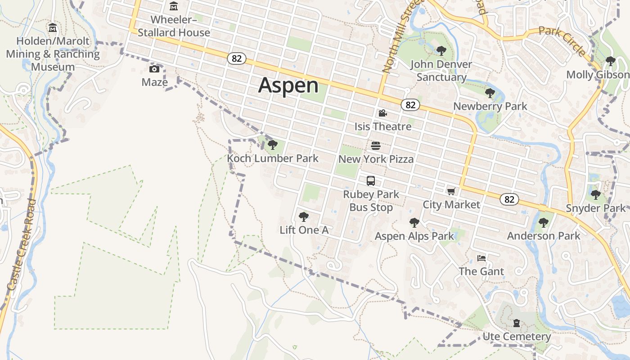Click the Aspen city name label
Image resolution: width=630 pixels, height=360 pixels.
[288, 85]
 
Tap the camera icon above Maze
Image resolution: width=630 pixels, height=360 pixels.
[154, 69]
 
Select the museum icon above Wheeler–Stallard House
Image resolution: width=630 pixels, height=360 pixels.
[174, 6]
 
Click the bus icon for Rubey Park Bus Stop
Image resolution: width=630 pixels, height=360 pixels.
[371, 181]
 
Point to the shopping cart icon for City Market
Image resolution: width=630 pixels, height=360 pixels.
[451, 191]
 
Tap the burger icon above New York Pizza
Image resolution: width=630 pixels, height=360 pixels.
[376, 146]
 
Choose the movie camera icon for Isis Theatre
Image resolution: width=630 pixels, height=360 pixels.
[382, 113]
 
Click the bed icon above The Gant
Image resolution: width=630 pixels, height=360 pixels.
[481, 258]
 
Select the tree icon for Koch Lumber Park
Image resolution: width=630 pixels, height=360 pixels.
[272, 145]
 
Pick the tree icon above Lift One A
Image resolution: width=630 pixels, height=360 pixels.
[304, 217]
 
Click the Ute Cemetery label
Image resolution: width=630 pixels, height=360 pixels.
[517, 337]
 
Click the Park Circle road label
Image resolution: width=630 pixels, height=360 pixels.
[562, 40]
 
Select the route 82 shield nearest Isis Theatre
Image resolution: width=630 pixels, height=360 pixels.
[410, 105]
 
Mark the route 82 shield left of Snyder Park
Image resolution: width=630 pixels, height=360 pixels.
[509, 199]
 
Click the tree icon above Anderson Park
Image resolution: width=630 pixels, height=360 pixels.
[544, 222]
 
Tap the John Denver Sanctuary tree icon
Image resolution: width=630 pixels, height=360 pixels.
[441, 51]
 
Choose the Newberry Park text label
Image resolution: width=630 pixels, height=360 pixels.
[490, 107]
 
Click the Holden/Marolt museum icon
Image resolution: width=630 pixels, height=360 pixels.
[53, 28]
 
